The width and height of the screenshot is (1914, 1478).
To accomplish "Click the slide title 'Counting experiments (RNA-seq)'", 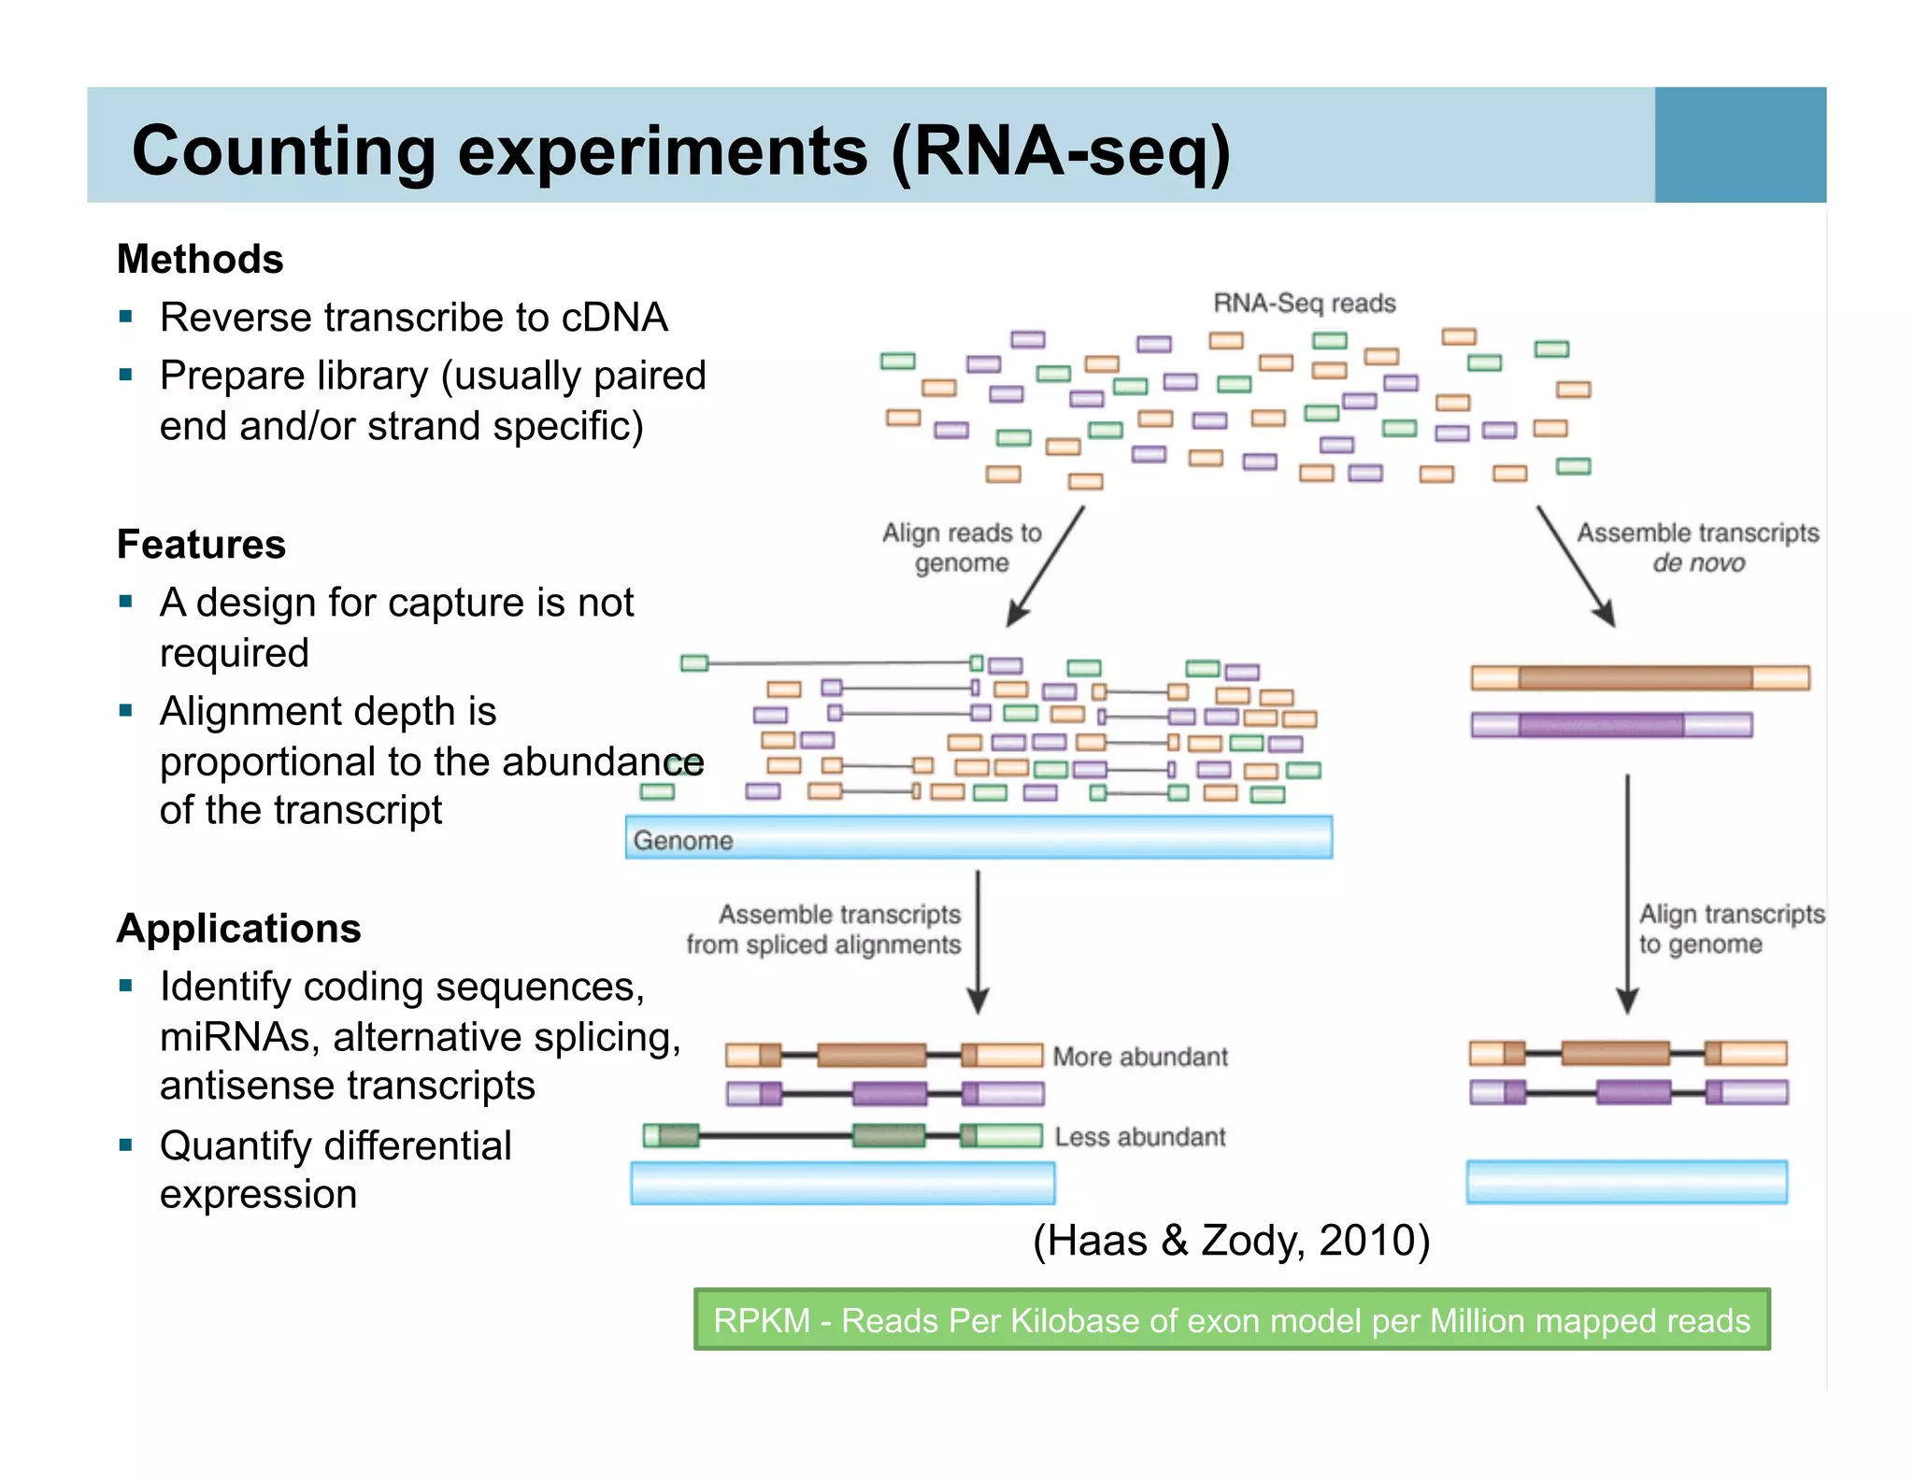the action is pyautogui.click(x=680, y=151).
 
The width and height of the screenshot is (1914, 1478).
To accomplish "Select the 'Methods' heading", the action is pyautogui.click(x=200, y=259).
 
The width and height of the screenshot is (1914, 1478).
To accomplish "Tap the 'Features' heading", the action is pyautogui.click(x=201, y=544).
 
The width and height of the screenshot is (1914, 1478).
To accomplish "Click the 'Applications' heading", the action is pyautogui.click(x=238, y=928).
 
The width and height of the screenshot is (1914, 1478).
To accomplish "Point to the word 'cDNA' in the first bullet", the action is pyautogui.click(x=614, y=318).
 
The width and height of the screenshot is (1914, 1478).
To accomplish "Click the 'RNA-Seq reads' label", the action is pyautogui.click(x=1304, y=303).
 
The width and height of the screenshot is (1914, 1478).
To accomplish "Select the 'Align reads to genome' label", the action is pyautogui.click(x=962, y=547).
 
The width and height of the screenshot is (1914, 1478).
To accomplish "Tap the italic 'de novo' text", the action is pyautogui.click(x=1698, y=563).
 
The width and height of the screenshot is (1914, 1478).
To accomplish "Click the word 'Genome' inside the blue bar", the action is pyautogui.click(x=683, y=840).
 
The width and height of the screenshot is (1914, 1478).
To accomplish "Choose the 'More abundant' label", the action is pyautogui.click(x=1140, y=1057).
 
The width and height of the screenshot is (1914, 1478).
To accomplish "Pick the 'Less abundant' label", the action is pyautogui.click(x=1140, y=1137).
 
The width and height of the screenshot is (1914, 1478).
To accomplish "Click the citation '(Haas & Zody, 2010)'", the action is pyautogui.click(x=1231, y=1241).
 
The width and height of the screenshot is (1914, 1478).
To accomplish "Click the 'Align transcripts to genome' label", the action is pyautogui.click(x=1730, y=929).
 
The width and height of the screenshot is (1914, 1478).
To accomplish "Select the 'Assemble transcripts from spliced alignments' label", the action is pyautogui.click(x=824, y=929).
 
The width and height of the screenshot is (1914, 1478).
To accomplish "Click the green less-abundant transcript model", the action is pyautogui.click(x=842, y=1136).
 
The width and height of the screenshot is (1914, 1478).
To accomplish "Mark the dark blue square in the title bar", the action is pyautogui.click(x=1739, y=145).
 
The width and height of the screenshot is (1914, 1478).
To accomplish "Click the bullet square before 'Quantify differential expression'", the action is pyautogui.click(x=126, y=1144).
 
